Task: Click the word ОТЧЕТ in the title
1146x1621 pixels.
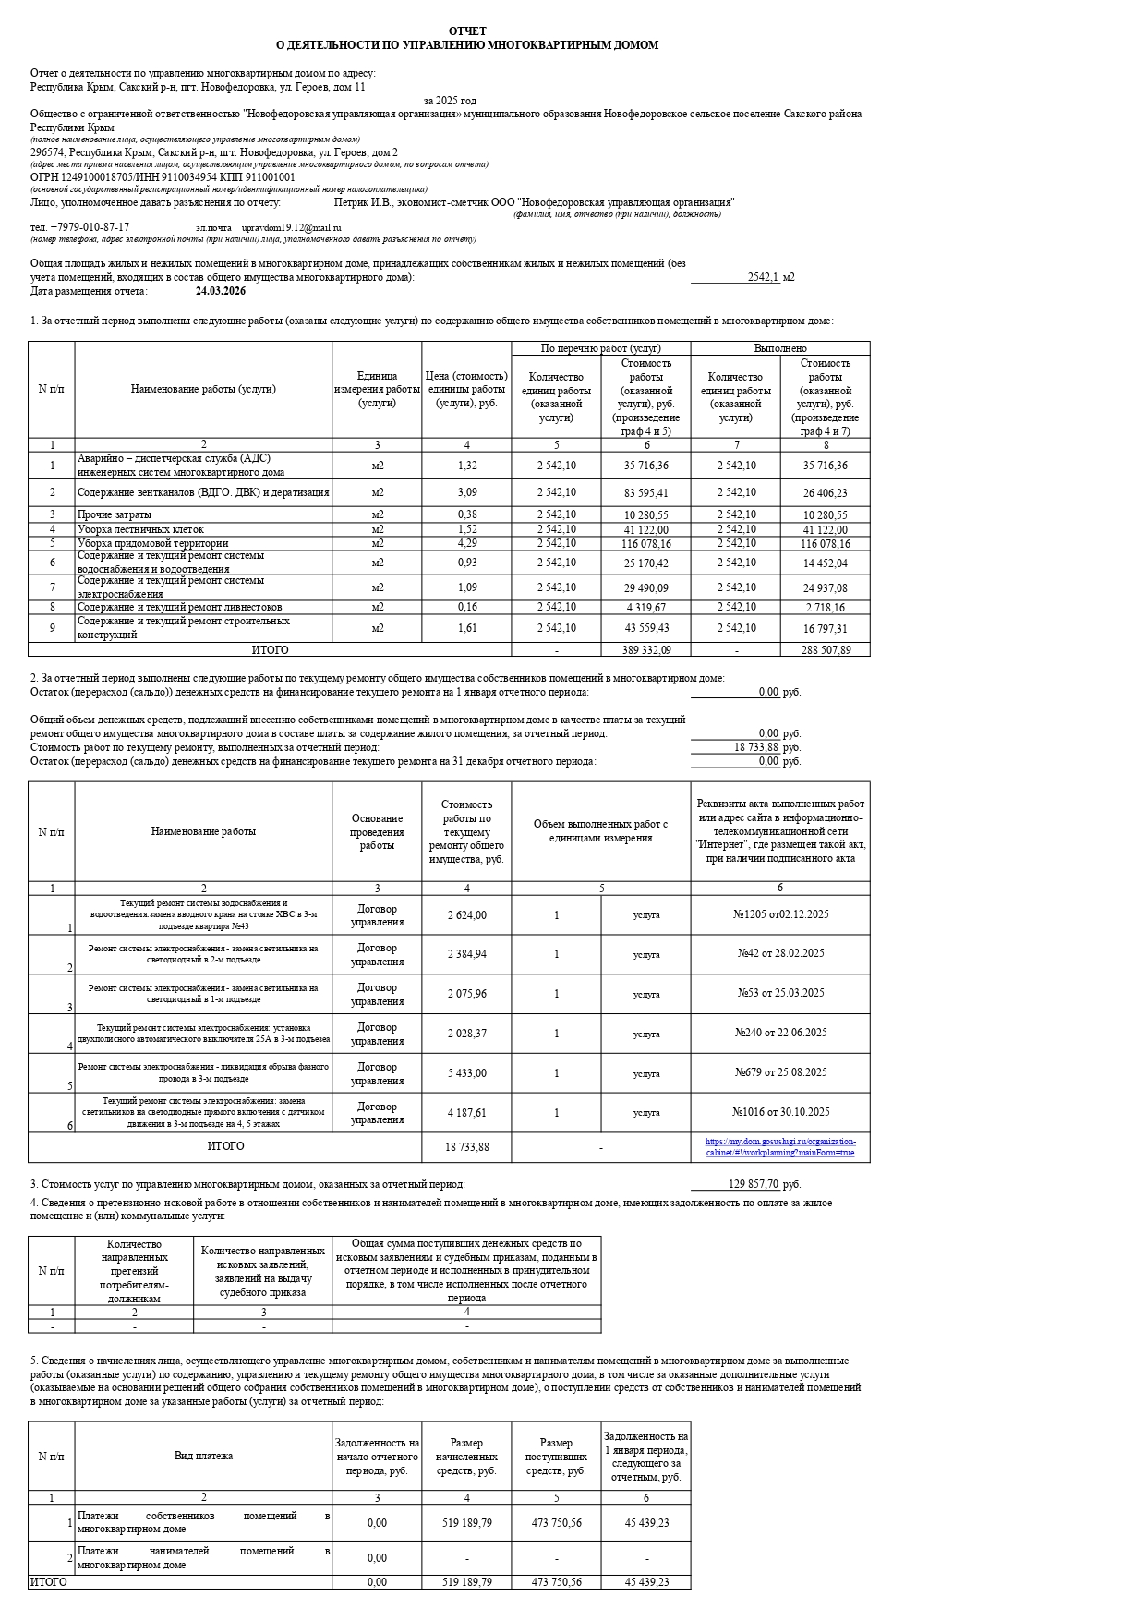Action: click(x=467, y=31)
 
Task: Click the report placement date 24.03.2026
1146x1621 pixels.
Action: click(x=221, y=291)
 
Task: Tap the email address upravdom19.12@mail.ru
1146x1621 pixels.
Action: click(x=291, y=227)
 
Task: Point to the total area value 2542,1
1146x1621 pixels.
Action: click(x=763, y=277)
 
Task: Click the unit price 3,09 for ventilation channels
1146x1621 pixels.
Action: click(x=467, y=492)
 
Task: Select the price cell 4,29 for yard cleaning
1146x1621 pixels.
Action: click(x=467, y=543)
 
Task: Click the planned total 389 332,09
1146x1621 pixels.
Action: click(x=646, y=650)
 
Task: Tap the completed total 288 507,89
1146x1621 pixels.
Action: click(x=826, y=650)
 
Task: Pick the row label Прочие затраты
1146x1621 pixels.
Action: click(x=115, y=514)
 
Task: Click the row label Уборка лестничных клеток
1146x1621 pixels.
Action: click(x=140, y=529)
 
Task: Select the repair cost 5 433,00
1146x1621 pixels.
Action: click(x=467, y=1073)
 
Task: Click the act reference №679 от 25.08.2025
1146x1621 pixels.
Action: click(x=780, y=1072)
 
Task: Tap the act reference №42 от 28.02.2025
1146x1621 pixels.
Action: click(x=780, y=953)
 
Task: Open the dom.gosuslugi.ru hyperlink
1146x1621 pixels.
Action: click(x=780, y=1146)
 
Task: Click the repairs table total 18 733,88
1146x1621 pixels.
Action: click(x=467, y=1146)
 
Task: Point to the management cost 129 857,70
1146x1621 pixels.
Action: click(x=753, y=1184)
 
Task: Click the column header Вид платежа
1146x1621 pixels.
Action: click(x=203, y=1456)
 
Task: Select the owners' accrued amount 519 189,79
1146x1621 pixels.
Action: click(x=467, y=1523)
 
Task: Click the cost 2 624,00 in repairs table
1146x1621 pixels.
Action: click(x=467, y=915)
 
